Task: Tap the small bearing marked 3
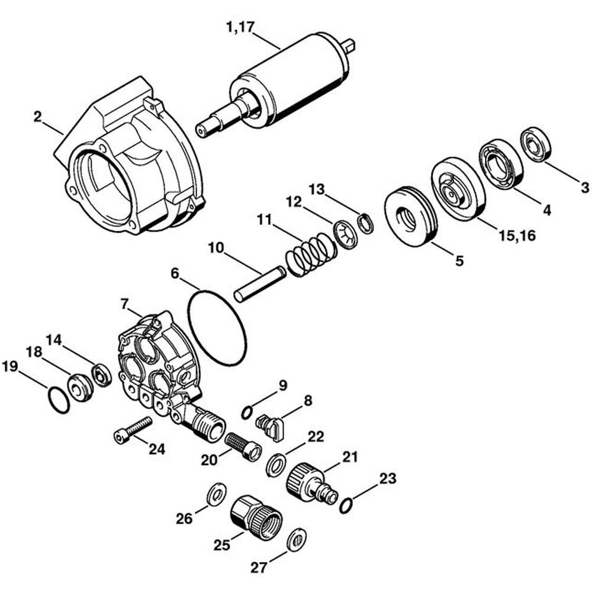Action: (536, 144)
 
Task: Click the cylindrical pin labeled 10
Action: (259, 285)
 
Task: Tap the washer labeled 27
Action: (295, 540)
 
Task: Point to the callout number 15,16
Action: (517, 236)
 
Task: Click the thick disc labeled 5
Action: (411, 217)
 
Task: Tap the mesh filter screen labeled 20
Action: (243, 447)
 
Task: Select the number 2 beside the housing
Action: (38, 117)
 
